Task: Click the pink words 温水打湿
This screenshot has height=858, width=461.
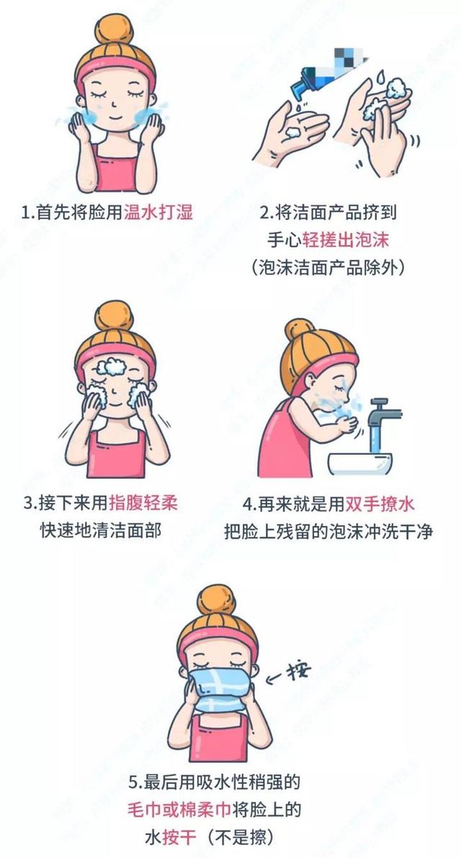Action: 158,213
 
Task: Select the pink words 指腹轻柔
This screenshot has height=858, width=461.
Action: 142,503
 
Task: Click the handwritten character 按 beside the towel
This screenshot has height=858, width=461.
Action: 297,672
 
